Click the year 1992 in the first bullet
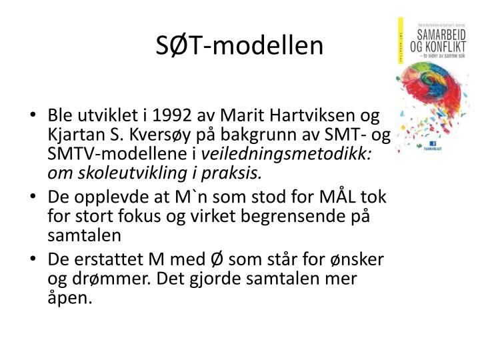click(x=177, y=114)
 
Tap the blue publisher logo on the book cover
click(x=433, y=143)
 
